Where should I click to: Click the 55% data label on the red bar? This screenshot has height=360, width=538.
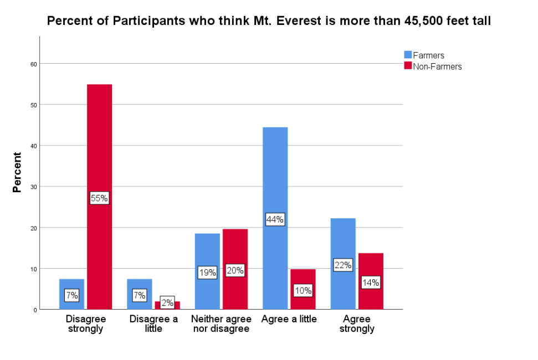(x=99, y=198)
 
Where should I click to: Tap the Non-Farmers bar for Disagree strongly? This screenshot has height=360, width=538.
(x=99, y=138)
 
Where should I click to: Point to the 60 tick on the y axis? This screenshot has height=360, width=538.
(x=33, y=64)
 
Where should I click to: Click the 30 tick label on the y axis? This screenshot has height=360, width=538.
(x=33, y=187)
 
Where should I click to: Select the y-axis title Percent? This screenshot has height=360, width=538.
(x=17, y=172)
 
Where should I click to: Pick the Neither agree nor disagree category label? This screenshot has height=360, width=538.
(x=221, y=324)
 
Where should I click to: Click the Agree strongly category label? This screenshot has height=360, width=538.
(x=357, y=324)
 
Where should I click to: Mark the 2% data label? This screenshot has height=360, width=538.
(x=167, y=302)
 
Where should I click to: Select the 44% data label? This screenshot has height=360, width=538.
(x=275, y=219)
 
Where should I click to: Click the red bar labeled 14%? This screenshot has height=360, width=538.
(x=371, y=266)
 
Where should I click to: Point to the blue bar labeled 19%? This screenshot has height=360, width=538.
(x=207, y=255)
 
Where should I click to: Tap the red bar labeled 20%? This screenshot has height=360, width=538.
(x=234, y=249)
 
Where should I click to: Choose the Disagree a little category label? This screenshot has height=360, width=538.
(x=153, y=324)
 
